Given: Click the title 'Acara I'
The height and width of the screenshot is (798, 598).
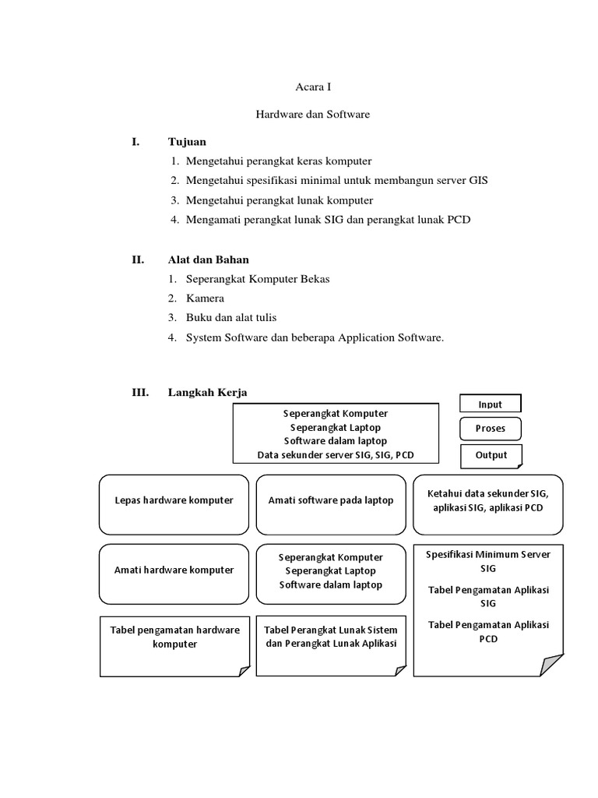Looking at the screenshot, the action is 313,87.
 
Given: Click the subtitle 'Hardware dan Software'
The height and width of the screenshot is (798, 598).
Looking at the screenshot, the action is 313,115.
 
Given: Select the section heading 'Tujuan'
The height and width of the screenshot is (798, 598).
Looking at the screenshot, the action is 187,142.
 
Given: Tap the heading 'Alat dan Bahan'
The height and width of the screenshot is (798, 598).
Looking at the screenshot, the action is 209,260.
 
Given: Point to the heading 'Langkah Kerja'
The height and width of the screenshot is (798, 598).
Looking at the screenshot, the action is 207,393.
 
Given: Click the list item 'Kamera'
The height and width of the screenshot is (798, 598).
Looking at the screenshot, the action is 205,298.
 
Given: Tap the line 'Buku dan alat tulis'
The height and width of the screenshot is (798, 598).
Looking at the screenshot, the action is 231,318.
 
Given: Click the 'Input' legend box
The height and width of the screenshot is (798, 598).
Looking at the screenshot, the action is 491,403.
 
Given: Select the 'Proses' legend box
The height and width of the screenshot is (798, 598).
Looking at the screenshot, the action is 491,429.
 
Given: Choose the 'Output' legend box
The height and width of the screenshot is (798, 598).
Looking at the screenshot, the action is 491,456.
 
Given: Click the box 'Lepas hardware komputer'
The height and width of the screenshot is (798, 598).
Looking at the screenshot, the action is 174,504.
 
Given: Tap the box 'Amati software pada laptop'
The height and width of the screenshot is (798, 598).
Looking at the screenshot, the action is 331,504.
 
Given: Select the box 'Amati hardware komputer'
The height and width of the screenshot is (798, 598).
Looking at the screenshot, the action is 174,574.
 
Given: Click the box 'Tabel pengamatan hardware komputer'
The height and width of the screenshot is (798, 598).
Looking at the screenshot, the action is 174,646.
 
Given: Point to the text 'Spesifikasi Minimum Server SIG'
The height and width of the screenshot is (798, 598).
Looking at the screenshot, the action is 488,561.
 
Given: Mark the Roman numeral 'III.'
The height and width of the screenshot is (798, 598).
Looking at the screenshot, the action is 140,393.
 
